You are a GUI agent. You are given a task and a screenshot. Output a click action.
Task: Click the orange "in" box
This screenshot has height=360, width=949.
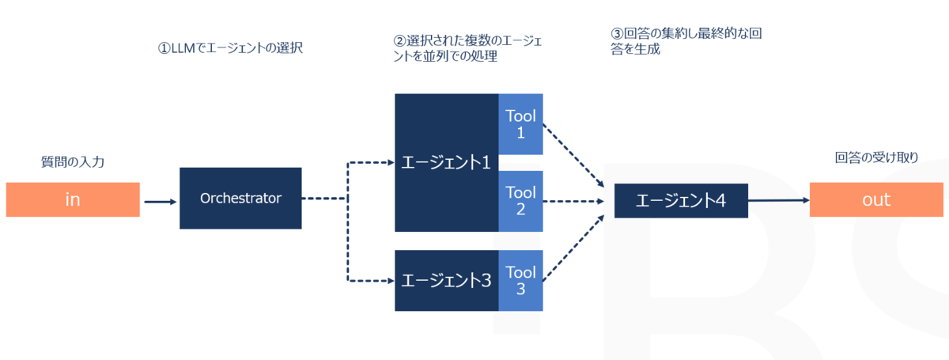click(x=73, y=199)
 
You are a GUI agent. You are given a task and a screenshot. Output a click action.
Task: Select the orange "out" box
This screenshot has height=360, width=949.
click(x=876, y=199)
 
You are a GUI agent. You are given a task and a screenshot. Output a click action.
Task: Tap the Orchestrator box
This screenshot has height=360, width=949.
click(x=240, y=198)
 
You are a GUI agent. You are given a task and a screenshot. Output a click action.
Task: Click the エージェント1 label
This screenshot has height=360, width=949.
click(x=446, y=162)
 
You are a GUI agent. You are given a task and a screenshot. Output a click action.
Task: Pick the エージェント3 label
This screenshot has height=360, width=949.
click(x=446, y=280)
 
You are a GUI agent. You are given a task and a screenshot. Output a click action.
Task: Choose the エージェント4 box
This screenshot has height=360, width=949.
click(x=681, y=200)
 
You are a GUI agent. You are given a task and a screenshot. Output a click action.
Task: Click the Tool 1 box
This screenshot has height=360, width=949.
click(x=520, y=124)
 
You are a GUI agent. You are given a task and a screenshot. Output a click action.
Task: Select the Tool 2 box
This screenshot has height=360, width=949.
click(x=520, y=201)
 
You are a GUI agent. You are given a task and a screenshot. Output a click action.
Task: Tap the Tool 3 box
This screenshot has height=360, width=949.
click(x=520, y=280)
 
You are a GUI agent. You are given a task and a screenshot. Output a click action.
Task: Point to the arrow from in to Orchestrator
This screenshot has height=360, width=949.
click(x=160, y=202)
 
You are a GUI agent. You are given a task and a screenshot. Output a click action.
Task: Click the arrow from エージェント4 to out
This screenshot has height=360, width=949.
click(x=779, y=200)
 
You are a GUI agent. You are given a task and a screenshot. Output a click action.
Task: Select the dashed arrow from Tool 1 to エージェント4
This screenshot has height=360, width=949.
click(x=573, y=156)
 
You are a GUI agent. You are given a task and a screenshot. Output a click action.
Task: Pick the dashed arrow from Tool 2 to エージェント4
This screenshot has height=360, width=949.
click(x=573, y=202)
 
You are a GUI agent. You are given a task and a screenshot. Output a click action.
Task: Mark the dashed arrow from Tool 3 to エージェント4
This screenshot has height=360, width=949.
click(x=573, y=248)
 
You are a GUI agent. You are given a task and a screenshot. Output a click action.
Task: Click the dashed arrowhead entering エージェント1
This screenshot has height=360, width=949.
click(x=391, y=162)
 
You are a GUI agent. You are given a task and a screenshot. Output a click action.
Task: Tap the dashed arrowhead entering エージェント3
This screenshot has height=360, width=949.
click(x=391, y=281)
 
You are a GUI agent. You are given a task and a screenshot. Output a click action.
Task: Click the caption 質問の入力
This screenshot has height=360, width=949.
click(x=73, y=161)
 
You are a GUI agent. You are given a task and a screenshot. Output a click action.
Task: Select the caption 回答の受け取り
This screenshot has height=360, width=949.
click(x=876, y=157)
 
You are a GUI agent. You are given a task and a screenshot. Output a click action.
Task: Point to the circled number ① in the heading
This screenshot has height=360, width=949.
click(x=164, y=48)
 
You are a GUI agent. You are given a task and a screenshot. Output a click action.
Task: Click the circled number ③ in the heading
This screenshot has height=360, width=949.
click(x=617, y=33)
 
